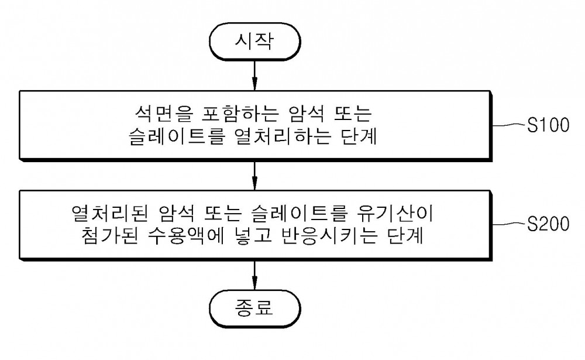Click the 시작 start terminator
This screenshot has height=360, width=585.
coord(255,41)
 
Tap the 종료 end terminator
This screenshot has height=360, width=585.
coord(255,308)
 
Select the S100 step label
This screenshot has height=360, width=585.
coord(548,125)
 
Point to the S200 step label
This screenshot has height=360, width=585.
coord(548,224)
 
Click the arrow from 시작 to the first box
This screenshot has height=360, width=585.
coord(254,75)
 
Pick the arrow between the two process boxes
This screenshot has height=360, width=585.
coord(254,176)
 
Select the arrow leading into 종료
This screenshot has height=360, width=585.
coord(254,275)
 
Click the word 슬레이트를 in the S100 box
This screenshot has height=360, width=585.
coord(177,136)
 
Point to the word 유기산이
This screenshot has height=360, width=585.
coord(395,214)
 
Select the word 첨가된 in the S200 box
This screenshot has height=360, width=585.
coord(109,236)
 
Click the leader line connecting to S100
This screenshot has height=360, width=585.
coord(509,125)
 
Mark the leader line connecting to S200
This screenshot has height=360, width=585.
coord(509,224)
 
